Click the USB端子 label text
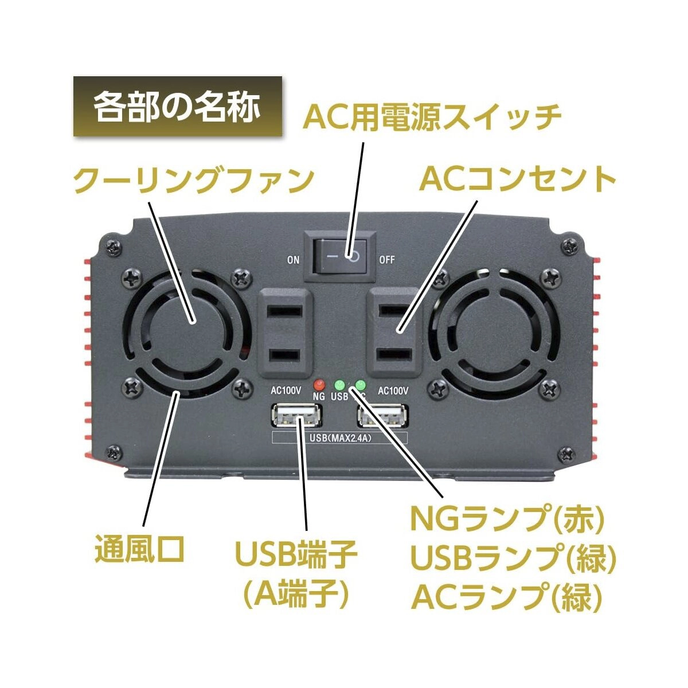click(x=296, y=554)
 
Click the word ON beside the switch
click(x=294, y=260)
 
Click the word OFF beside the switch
click(x=387, y=260)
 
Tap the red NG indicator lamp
click(x=319, y=384)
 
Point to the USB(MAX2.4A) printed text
click(x=338, y=439)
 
